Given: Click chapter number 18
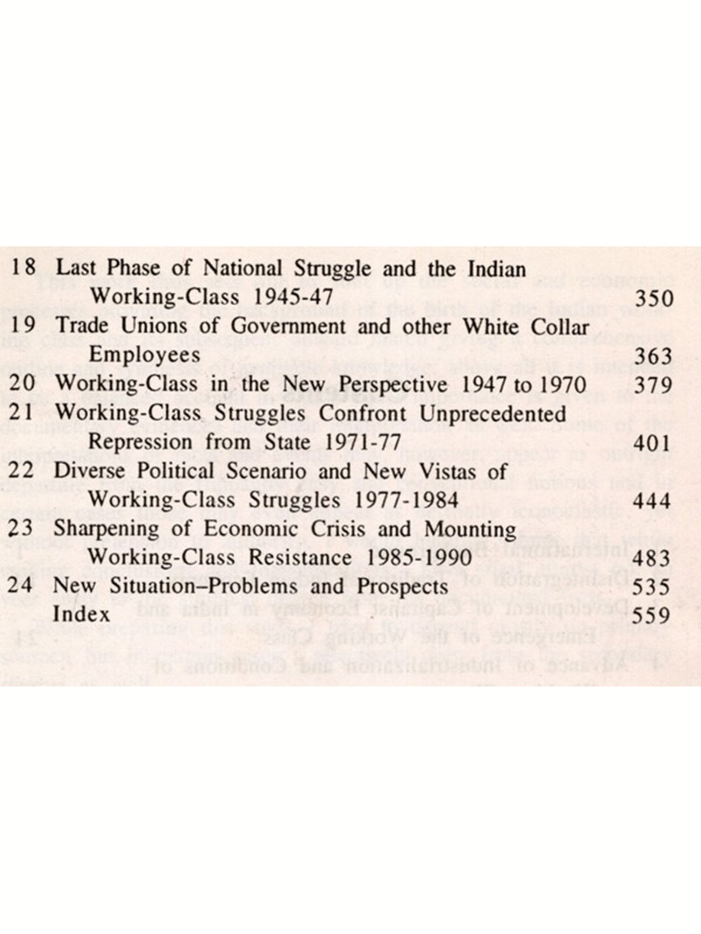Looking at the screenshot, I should (23, 268).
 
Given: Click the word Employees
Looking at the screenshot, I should (144, 355).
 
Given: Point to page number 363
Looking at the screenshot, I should (653, 357).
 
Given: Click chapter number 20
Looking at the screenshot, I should (22, 384).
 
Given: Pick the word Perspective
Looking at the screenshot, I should (393, 385).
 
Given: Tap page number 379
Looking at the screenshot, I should (653, 386).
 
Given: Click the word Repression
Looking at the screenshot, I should (140, 443).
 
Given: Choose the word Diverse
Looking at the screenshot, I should (89, 471).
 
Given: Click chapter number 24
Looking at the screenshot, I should (20, 586).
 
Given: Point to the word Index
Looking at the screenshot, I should (81, 615).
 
